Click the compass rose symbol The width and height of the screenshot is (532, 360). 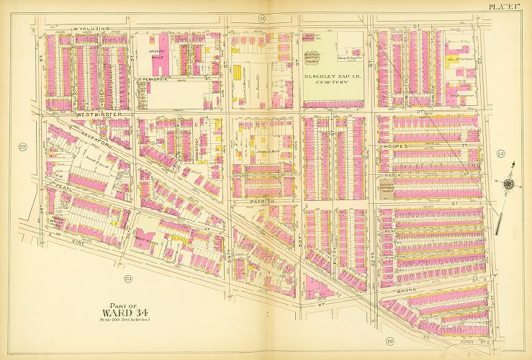[509, 183]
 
